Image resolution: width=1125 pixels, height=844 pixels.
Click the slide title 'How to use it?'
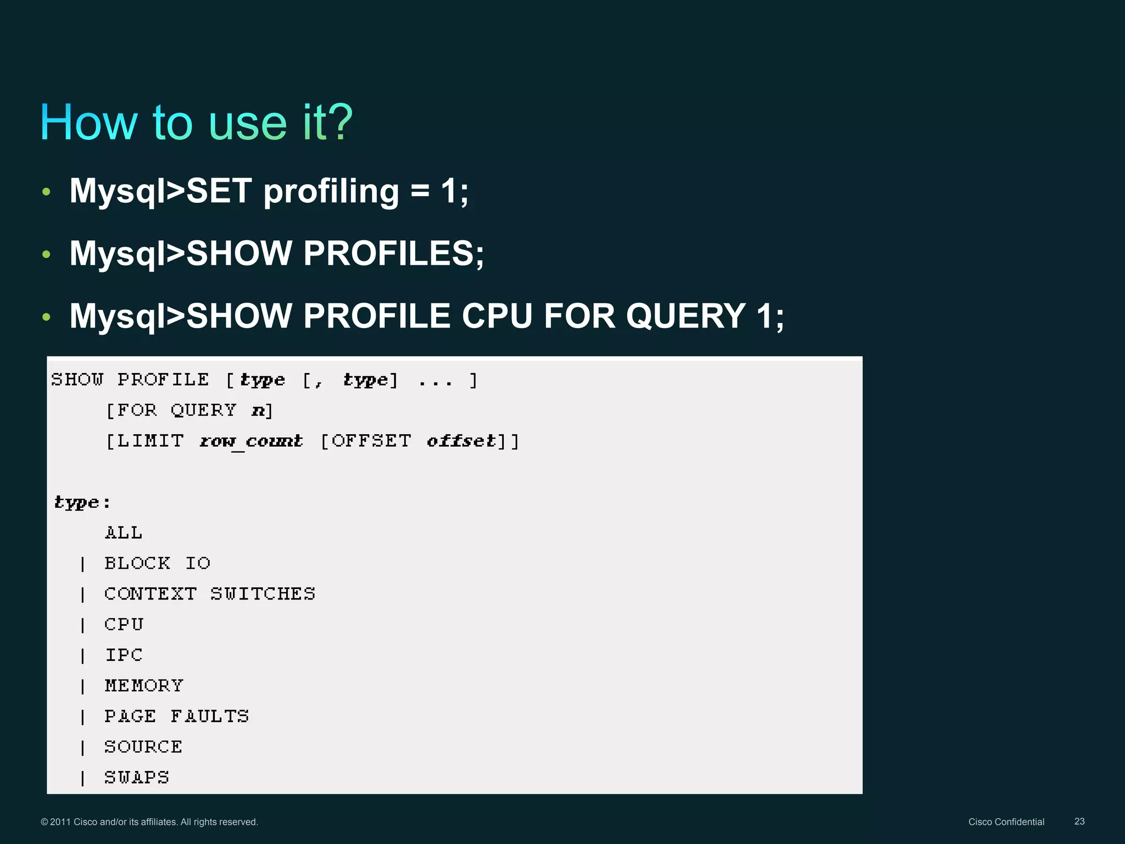coord(196,122)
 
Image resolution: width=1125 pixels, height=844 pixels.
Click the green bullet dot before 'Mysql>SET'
coord(46,192)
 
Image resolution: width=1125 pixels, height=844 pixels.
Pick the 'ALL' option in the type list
coord(124,532)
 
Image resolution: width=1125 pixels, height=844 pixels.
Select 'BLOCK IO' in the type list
coord(157,563)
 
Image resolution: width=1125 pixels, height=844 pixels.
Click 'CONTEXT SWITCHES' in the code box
coord(210,594)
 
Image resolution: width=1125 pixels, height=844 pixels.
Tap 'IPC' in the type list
coord(124,655)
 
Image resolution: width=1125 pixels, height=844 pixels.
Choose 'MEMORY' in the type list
coord(144,686)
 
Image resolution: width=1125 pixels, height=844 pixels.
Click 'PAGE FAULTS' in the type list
coord(176,717)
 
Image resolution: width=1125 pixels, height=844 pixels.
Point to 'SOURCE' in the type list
coord(143,747)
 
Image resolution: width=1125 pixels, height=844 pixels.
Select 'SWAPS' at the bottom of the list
coord(137,778)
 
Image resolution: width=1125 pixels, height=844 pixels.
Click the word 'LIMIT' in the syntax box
coord(150,441)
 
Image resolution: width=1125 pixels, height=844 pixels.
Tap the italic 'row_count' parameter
coord(251,441)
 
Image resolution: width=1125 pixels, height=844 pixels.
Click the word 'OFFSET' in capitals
coord(371,441)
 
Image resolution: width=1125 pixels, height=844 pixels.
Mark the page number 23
coord(1079,821)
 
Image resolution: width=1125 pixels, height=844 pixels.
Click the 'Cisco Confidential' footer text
coord(1006,822)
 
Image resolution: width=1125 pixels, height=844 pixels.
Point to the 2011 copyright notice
coord(149,822)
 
